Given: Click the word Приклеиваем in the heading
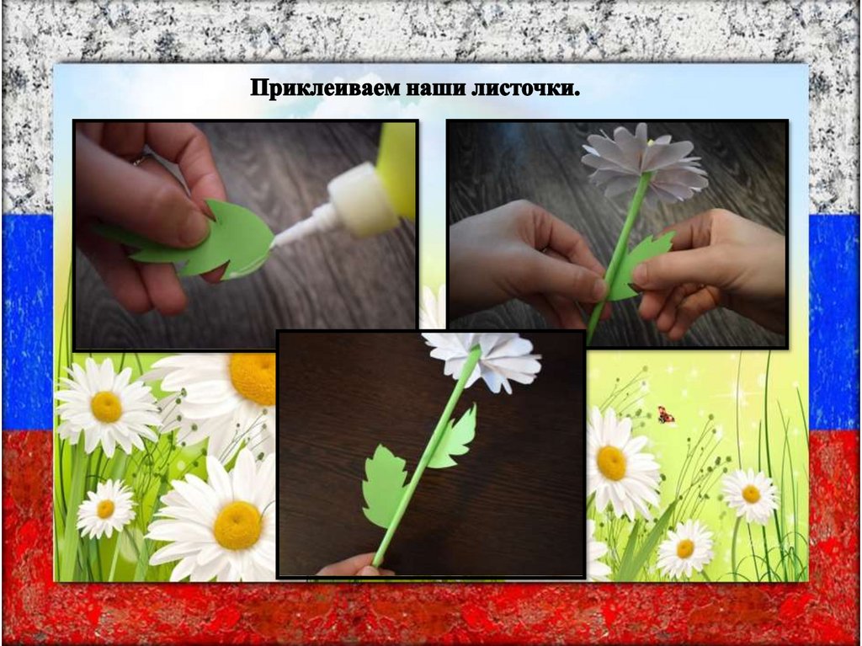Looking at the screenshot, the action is point(324,88).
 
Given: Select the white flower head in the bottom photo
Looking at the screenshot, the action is point(484,360).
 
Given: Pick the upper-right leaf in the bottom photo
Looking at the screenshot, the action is point(454,437).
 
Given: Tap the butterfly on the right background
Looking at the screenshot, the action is point(667,414).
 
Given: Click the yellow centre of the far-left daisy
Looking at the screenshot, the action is point(106,407).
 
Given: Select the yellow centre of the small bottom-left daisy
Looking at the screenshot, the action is point(105,509).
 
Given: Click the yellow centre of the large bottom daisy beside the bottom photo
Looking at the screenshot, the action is point(237,525).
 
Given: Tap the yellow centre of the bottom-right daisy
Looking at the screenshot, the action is point(685,548).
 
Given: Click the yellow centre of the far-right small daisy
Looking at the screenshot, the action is point(751,494).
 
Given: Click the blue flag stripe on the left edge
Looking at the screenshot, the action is point(28,322).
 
